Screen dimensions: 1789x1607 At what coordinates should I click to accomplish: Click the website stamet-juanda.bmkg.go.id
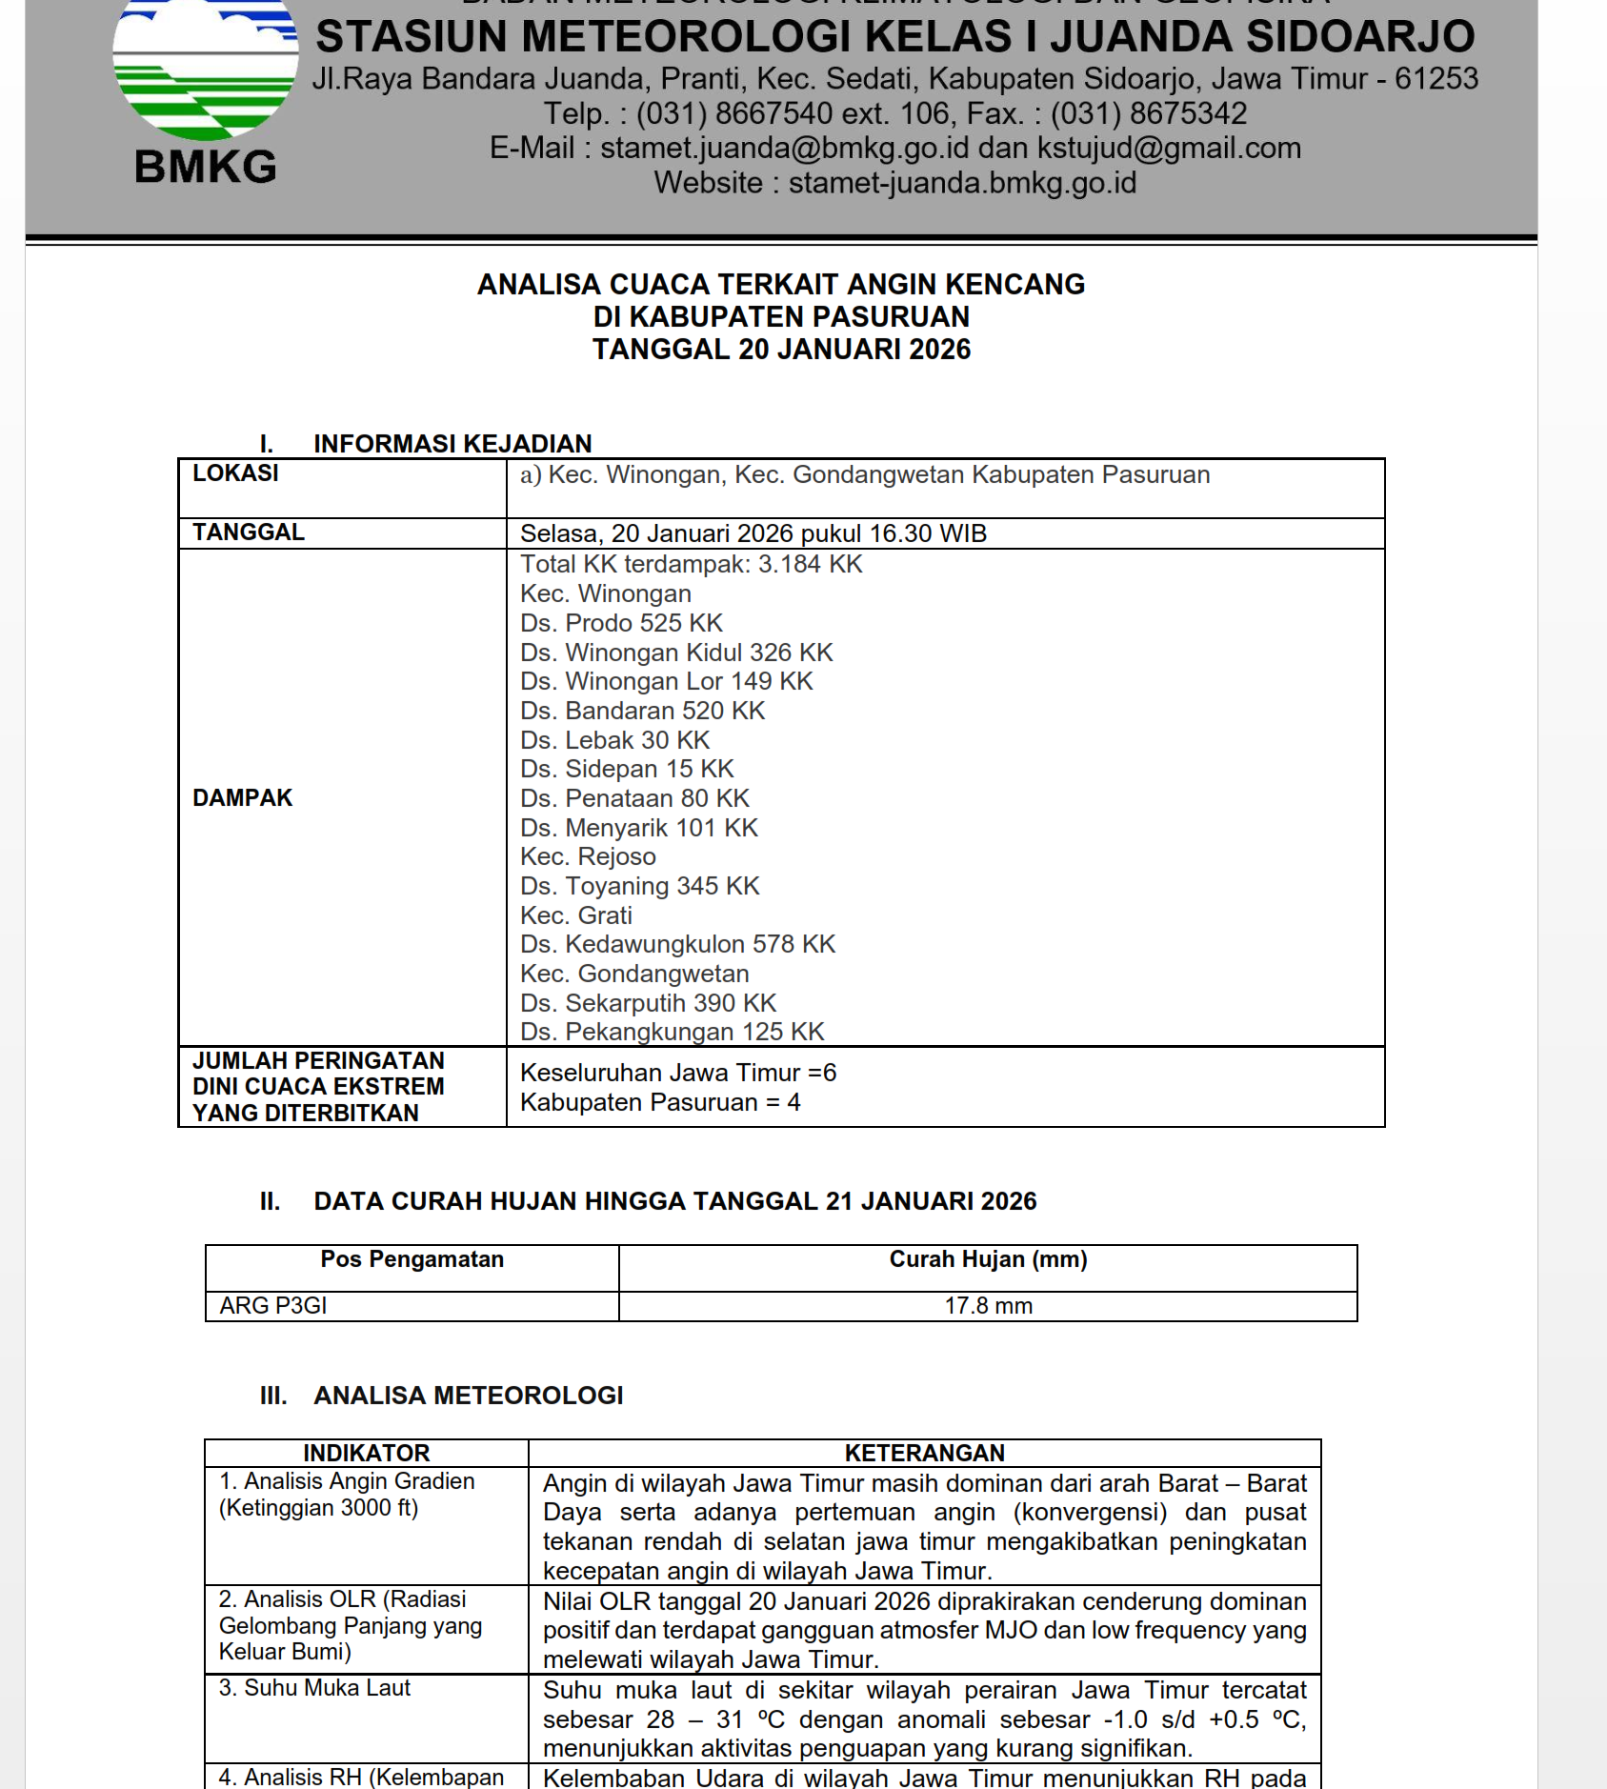(962, 183)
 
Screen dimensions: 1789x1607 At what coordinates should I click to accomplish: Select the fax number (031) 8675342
(1148, 114)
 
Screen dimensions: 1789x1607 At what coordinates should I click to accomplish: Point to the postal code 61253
(1436, 79)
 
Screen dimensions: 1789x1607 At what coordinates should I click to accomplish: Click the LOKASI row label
(235, 473)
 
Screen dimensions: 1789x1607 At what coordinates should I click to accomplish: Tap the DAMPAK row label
(242, 798)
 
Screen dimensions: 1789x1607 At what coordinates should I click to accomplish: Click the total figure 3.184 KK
(810, 565)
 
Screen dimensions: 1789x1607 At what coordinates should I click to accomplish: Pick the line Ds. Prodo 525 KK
(621, 623)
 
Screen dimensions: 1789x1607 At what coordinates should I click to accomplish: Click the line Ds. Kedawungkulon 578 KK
(677, 944)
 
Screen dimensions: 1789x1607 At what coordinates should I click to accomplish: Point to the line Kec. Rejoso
(588, 856)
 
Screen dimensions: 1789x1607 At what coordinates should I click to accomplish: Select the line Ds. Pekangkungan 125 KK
(672, 1032)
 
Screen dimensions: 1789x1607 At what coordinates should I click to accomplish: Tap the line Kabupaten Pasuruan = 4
(660, 1102)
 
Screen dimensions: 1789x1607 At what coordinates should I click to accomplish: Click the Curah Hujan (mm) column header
(988, 1259)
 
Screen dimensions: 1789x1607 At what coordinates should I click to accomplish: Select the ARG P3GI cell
(273, 1306)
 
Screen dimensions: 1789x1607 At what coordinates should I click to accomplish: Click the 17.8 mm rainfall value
(988, 1306)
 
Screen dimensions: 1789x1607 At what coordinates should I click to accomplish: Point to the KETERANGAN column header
(924, 1453)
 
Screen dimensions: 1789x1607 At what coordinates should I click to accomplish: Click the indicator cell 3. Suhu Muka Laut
(314, 1688)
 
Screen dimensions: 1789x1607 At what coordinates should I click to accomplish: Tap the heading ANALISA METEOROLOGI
(468, 1396)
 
